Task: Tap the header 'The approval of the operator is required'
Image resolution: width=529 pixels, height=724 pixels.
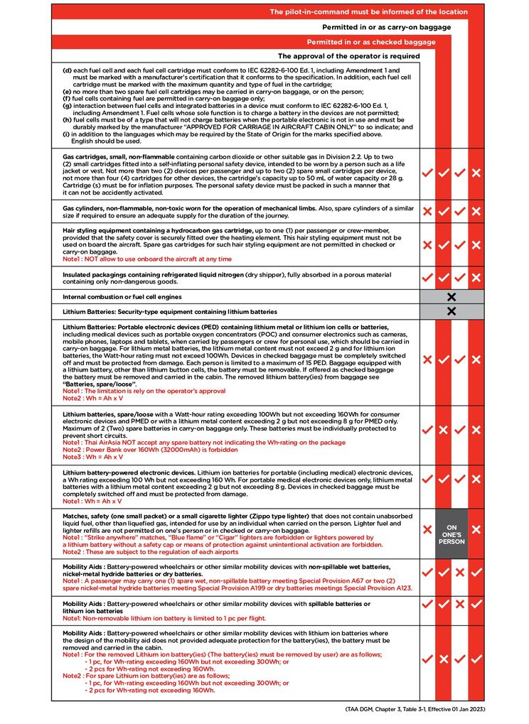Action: coord(348,56)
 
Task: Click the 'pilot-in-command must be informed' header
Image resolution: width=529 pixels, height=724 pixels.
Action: coord(368,12)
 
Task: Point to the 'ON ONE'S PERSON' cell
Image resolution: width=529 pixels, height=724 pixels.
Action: coord(451,530)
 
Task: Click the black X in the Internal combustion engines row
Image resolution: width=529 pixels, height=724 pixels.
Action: coord(451,296)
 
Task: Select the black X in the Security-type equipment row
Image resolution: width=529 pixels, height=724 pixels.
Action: coord(451,311)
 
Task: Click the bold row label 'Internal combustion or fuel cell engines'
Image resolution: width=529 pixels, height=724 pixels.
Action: coord(122,296)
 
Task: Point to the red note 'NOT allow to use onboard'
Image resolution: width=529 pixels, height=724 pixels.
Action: coord(156,259)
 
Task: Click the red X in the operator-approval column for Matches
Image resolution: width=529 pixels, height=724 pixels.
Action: coord(427,530)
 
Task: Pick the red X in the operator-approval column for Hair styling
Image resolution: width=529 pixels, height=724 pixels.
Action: coord(427,244)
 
